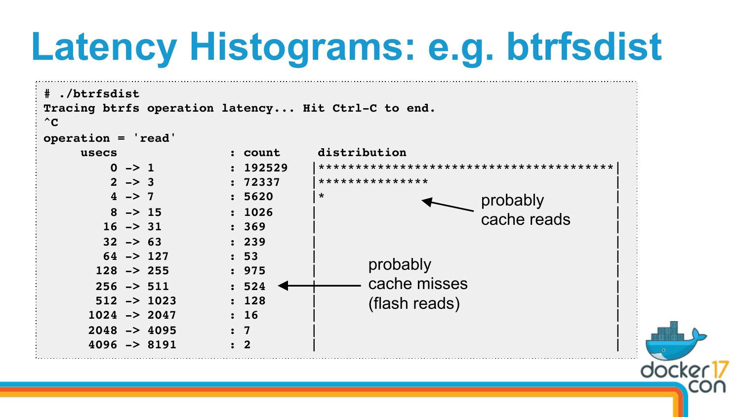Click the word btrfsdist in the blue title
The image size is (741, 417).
[584, 46]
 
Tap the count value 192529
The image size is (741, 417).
[266, 168]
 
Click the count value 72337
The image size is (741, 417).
[262, 182]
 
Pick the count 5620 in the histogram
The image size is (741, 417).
[258, 197]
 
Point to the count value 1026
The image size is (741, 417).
[258, 212]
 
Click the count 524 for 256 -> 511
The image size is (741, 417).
[255, 286]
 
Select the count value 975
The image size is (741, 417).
[255, 271]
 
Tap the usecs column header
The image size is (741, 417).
[99, 153]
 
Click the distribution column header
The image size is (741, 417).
[362, 152]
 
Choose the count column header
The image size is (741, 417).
[262, 153]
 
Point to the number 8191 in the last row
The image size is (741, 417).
[162, 345]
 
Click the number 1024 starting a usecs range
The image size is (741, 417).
[103, 315]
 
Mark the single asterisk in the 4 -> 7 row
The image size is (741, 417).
[321, 196]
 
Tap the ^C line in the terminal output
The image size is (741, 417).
[51, 123]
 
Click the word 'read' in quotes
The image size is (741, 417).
[154, 138]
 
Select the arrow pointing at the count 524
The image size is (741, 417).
[319, 285]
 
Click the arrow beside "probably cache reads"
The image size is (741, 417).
[448, 205]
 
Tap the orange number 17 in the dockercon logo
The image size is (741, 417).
[718, 370]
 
